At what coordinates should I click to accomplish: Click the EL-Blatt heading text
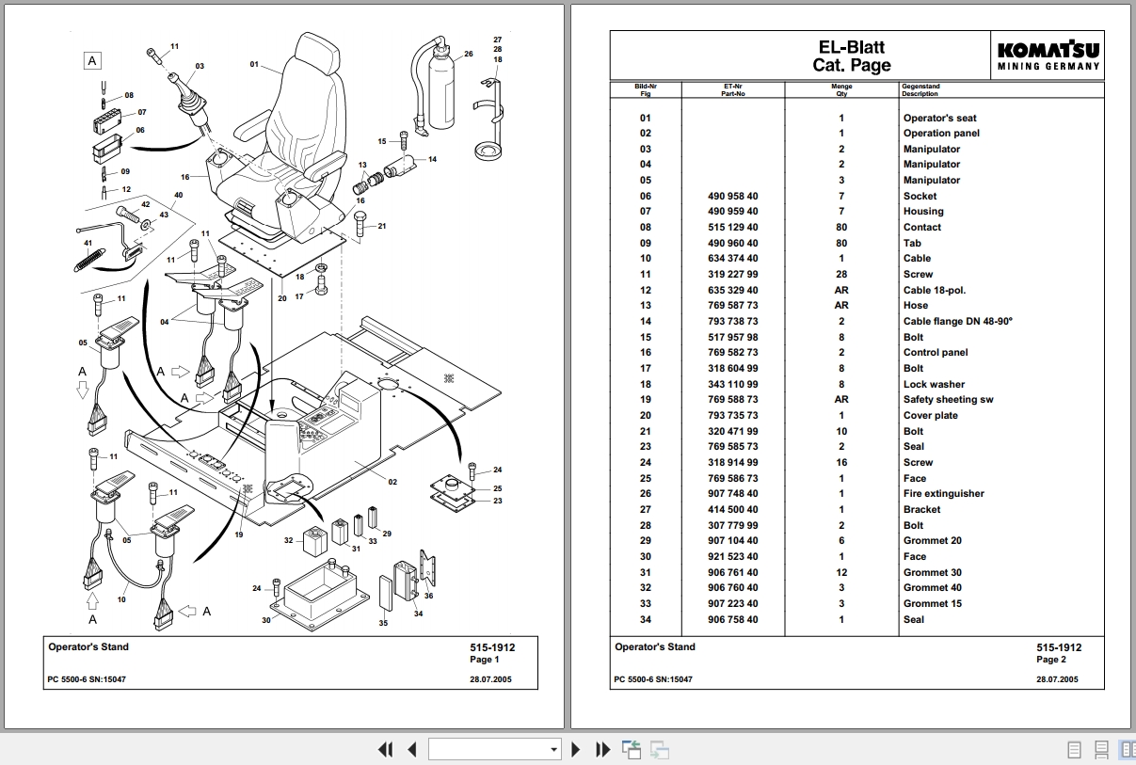click(x=851, y=47)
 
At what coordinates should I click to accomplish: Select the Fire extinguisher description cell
click(x=943, y=494)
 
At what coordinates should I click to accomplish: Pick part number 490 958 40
click(x=732, y=196)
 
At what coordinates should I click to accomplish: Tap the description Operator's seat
click(x=939, y=118)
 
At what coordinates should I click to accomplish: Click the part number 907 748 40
click(x=732, y=494)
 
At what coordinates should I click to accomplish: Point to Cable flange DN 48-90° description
click(x=957, y=321)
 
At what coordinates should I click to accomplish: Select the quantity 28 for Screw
click(x=841, y=274)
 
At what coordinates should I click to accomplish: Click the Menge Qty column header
click(x=841, y=90)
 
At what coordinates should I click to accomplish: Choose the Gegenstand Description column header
click(x=920, y=90)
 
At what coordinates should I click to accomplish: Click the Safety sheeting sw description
click(x=948, y=400)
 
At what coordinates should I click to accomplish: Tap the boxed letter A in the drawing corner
click(x=92, y=61)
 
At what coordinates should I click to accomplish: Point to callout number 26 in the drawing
click(x=468, y=55)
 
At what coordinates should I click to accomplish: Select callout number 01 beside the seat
click(x=254, y=64)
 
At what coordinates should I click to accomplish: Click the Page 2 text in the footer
click(x=1051, y=660)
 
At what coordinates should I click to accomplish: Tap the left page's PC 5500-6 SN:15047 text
click(x=87, y=679)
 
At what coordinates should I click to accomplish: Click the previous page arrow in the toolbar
click(x=412, y=750)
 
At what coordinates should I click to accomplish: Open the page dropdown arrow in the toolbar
click(x=554, y=750)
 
